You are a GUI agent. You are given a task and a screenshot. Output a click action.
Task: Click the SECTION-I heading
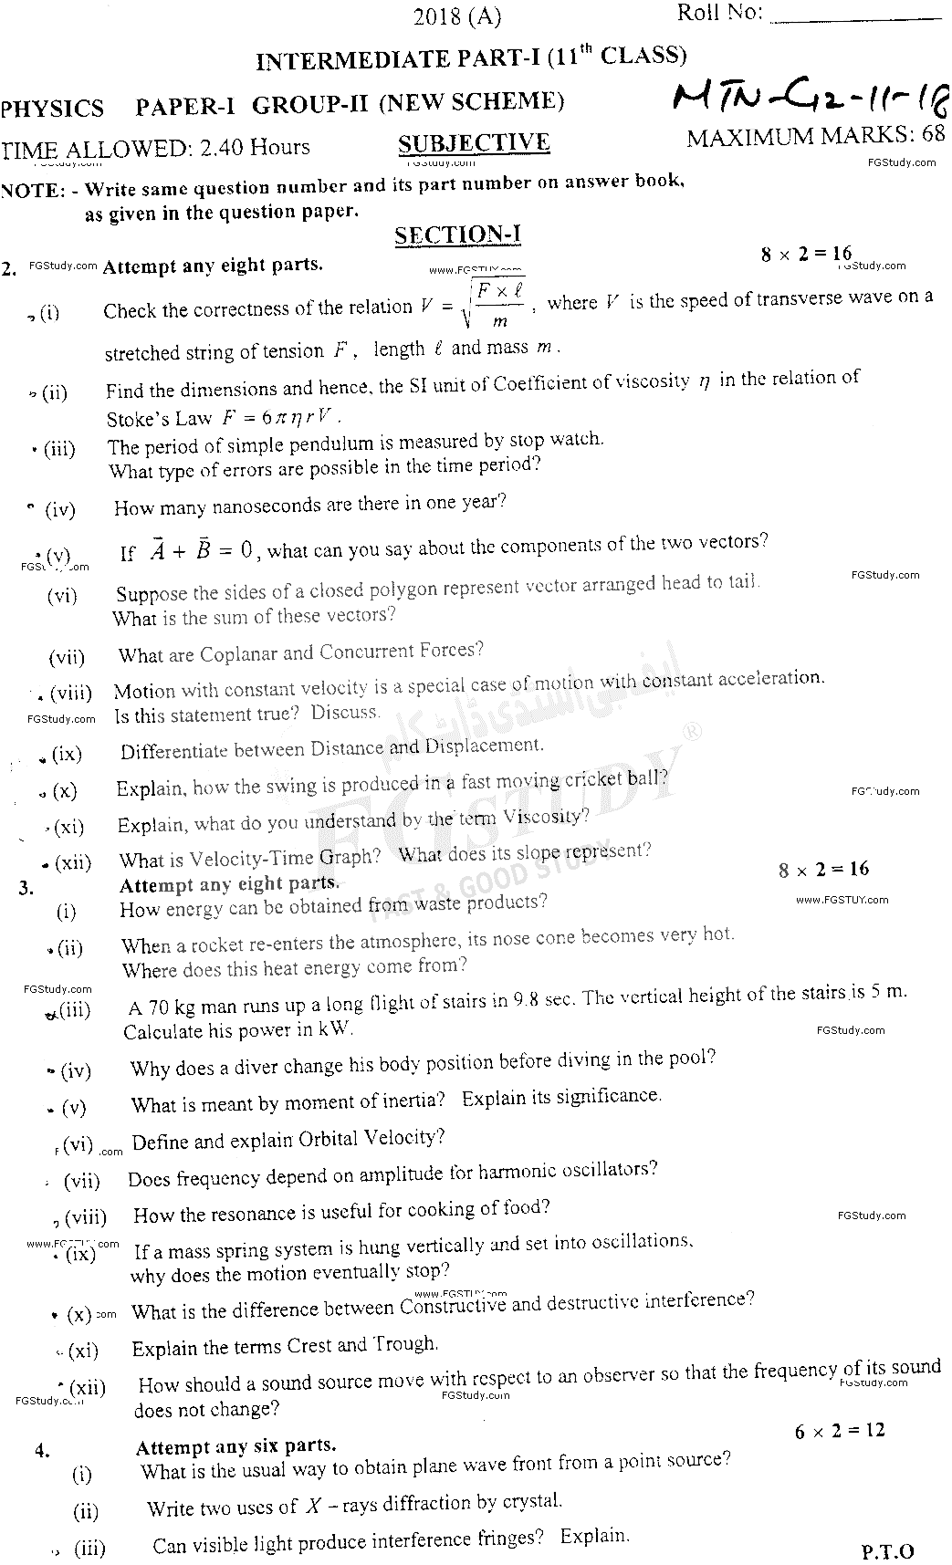click(x=457, y=235)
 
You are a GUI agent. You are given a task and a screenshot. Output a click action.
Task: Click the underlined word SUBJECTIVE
click(x=474, y=143)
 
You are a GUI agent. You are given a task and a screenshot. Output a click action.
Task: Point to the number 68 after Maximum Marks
click(x=932, y=135)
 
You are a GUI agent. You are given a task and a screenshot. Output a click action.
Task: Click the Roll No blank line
click(x=854, y=16)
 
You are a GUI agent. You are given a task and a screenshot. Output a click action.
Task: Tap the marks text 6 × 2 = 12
click(x=840, y=1431)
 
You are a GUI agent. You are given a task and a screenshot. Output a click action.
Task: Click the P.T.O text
click(x=887, y=1550)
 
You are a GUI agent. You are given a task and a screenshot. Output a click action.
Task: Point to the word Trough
click(x=404, y=1344)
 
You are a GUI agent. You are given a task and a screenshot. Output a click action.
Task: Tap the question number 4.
click(x=42, y=1450)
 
